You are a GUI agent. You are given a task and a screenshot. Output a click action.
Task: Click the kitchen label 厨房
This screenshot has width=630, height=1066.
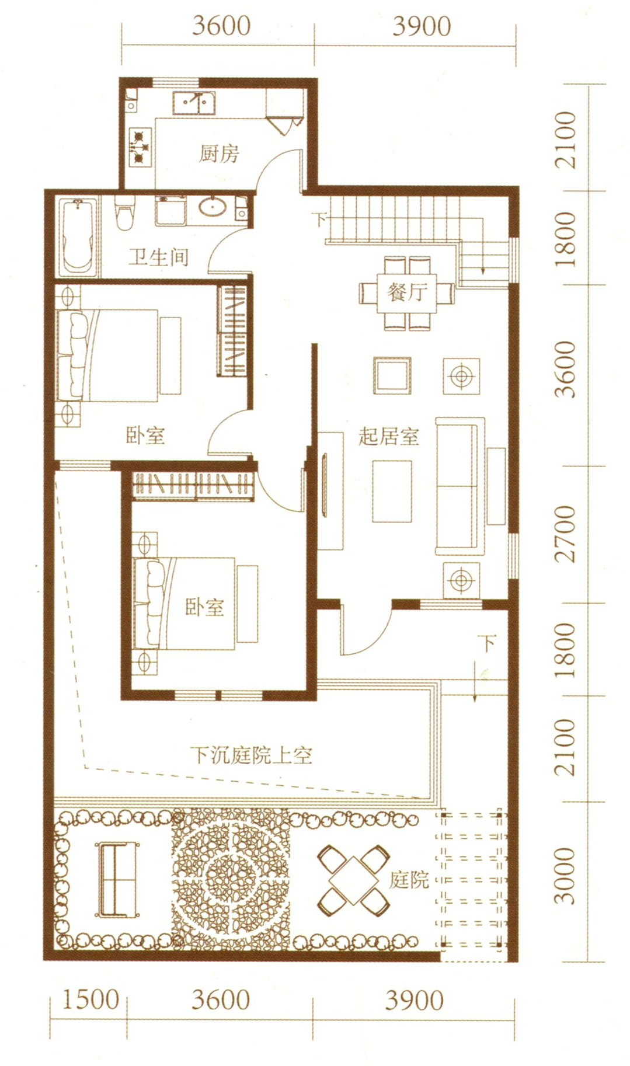click(x=219, y=154)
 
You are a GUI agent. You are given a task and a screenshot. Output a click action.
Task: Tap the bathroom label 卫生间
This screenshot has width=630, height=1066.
click(x=158, y=257)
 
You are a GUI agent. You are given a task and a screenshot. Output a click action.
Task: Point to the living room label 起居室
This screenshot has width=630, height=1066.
click(x=389, y=436)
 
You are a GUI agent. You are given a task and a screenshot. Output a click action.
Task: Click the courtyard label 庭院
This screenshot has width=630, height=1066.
click(x=409, y=879)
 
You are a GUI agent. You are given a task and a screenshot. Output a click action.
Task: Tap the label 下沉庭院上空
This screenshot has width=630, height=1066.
click(x=252, y=755)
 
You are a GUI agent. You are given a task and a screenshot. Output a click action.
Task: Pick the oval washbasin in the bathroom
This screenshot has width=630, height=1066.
click(x=213, y=207)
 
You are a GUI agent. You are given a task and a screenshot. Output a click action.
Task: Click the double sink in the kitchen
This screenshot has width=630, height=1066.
click(x=193, y=103)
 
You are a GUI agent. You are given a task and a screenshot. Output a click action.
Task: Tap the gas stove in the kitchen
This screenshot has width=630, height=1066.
click(x=140, y=147)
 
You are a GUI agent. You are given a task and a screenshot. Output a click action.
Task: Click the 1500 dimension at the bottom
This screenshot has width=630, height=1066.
click(x=91, y=999)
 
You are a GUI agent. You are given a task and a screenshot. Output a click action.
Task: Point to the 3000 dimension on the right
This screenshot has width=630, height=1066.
click(x=565, y=876)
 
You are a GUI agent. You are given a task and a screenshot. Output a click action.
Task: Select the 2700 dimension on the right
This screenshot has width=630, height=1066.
click(x=565, y=534)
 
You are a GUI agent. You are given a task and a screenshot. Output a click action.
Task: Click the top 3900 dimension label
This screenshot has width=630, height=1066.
click(x=422, y=26)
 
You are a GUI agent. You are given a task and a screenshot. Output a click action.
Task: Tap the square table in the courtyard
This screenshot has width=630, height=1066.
click(x=353, y=879)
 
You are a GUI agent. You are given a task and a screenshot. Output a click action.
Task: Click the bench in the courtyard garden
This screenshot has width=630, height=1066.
click(x=118, y=879)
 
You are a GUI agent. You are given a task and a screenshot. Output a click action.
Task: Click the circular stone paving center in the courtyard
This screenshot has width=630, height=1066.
click(x=231, y=879)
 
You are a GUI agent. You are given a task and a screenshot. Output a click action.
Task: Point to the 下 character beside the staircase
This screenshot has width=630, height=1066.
click(x=320, y=220)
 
